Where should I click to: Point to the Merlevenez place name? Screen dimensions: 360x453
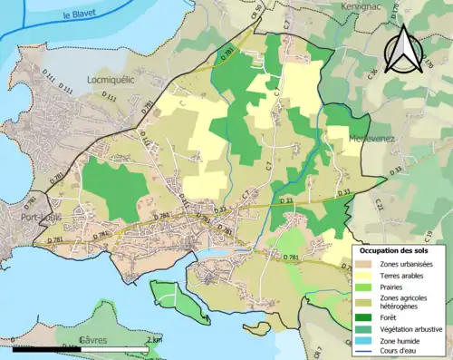point(373,138)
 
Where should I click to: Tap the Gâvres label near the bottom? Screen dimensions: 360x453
point(95,339)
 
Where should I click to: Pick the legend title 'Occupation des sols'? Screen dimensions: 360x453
point(397,249)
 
